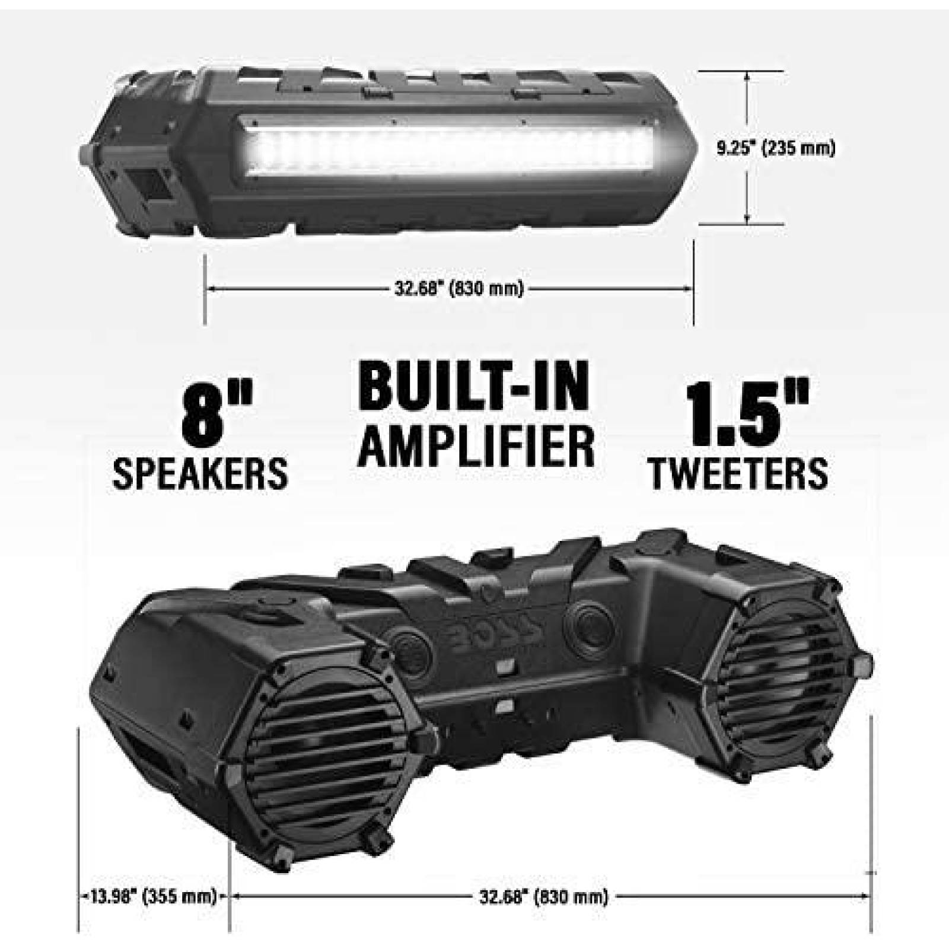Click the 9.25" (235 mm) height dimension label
[x=775, y=148]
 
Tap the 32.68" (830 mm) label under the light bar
[x=458, y=289]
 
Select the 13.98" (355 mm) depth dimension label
[x=153, y=896]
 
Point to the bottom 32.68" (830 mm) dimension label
[x=543, y=896]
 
